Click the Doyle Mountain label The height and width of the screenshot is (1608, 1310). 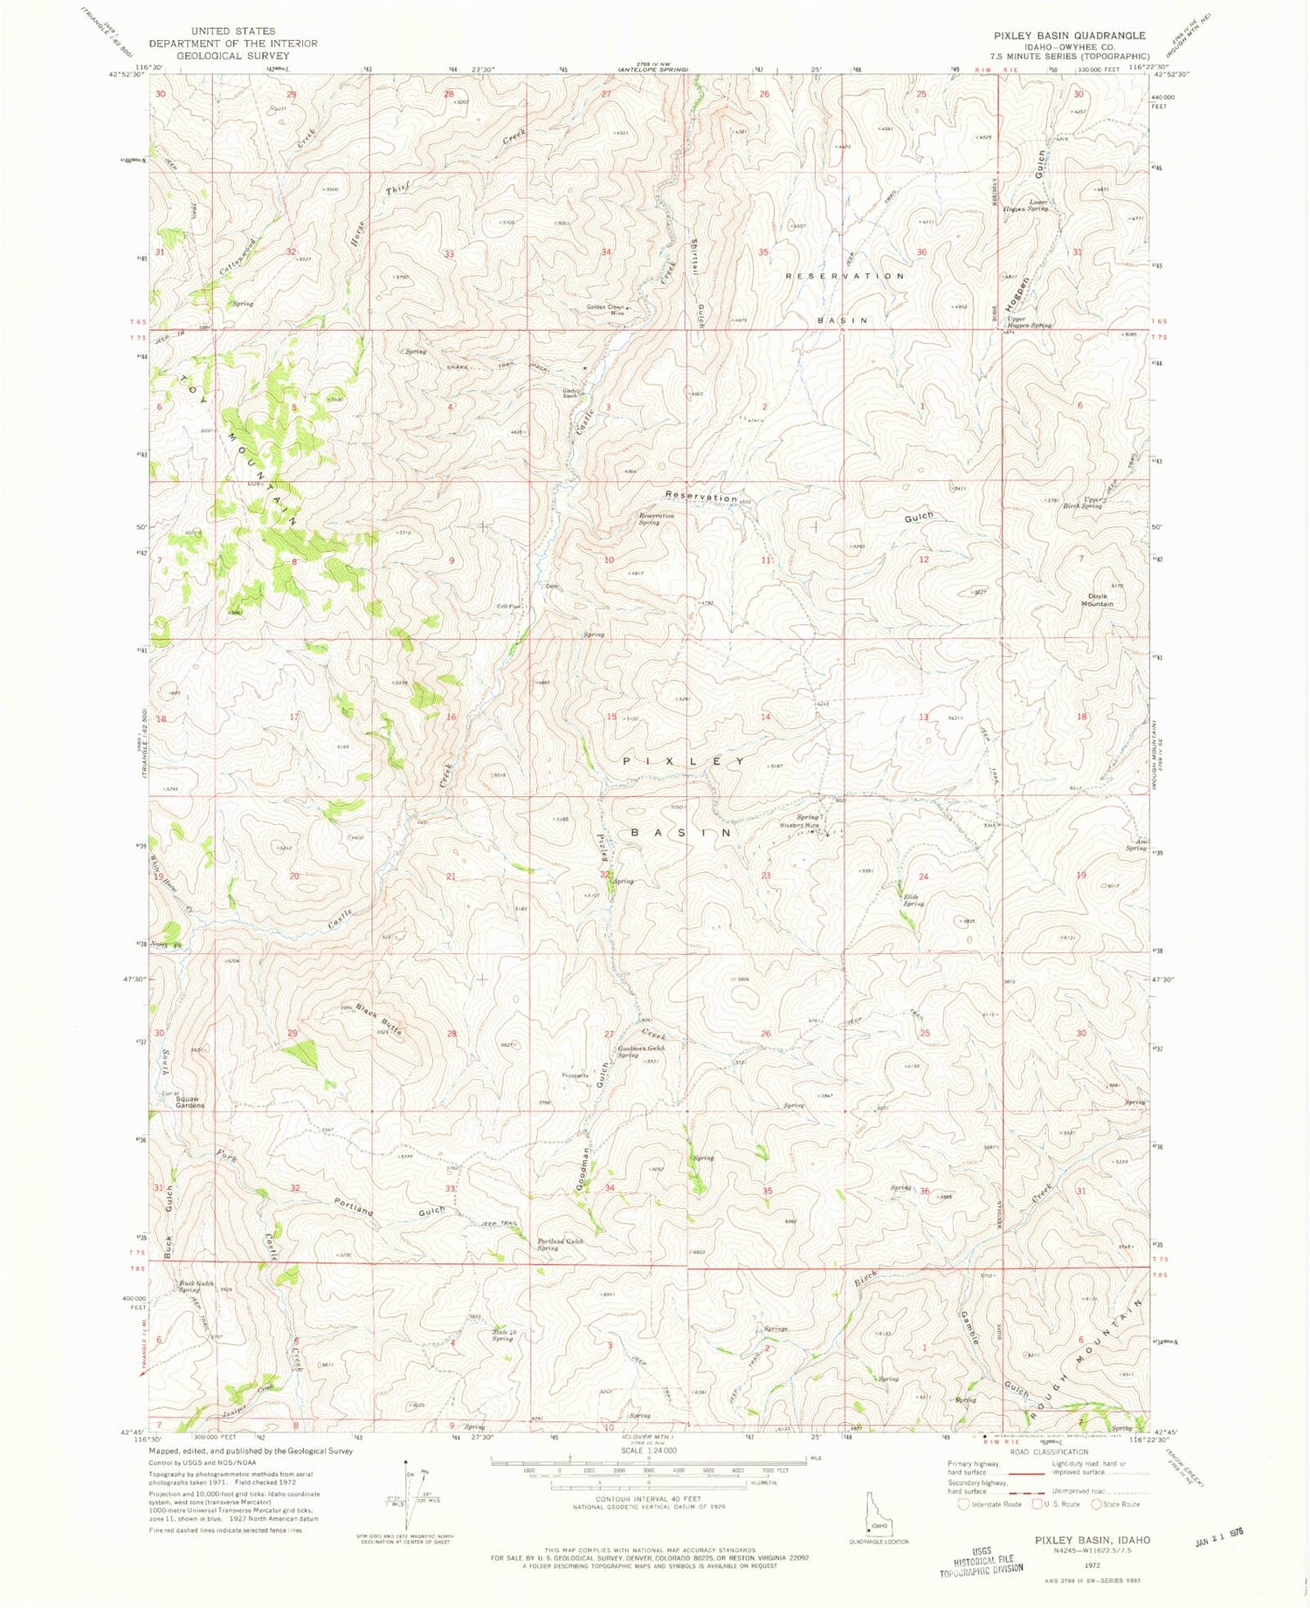[x=1097, y=600]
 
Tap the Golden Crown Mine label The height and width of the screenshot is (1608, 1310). [x=604, y=309]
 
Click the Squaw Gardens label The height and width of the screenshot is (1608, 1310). [x=189, y=1103]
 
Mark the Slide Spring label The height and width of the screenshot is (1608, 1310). [x=913, y=900]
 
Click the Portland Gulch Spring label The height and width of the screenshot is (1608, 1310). [x=560, y=1244]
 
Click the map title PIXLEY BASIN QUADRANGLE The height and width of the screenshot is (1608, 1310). [x=1057, y=36]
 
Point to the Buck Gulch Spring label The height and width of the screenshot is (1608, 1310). [x=196, y=1287]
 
